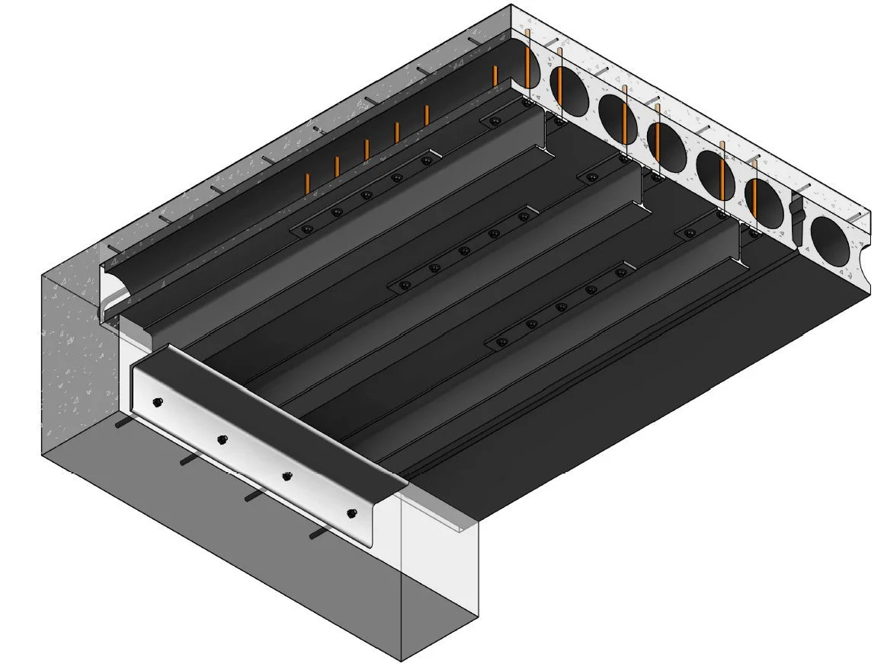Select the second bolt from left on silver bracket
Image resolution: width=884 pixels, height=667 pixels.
click(x=223, y=439)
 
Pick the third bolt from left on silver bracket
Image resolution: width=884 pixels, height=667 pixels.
click(x=287, y=476)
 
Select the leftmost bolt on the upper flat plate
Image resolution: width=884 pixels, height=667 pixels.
click(x=307, y=229)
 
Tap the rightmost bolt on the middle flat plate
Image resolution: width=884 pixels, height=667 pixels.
click(x=524, y=216)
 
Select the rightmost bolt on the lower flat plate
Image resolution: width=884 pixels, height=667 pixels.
click(x=621, y=273)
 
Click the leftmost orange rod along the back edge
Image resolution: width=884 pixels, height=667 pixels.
click(x=307, y=184)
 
